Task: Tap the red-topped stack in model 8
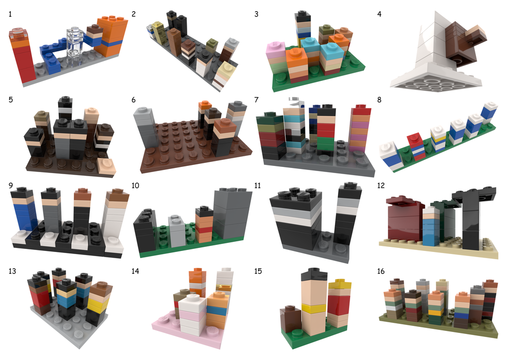(415, 146)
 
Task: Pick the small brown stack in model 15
(290, 321)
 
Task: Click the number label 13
(12, 271)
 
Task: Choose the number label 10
(135, 185)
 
